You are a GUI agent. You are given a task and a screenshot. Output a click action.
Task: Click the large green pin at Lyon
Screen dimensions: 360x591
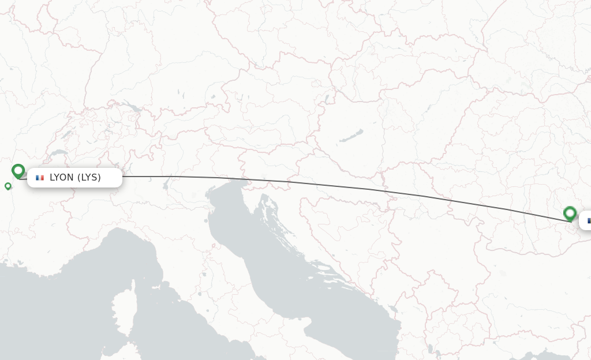[18, 171]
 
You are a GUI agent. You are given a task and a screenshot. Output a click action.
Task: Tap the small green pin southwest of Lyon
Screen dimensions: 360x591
[8, 186]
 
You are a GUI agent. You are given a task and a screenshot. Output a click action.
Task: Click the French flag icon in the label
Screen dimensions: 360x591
[40, 178]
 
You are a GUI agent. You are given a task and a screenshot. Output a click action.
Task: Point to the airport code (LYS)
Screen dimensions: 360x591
[89, 178]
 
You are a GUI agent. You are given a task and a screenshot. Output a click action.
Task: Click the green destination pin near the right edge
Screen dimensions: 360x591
[570, 213]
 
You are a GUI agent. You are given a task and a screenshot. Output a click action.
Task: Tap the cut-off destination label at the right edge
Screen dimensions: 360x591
[585, 220]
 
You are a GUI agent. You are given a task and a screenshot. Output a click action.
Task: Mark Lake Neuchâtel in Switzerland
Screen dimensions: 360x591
[68, 134]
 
